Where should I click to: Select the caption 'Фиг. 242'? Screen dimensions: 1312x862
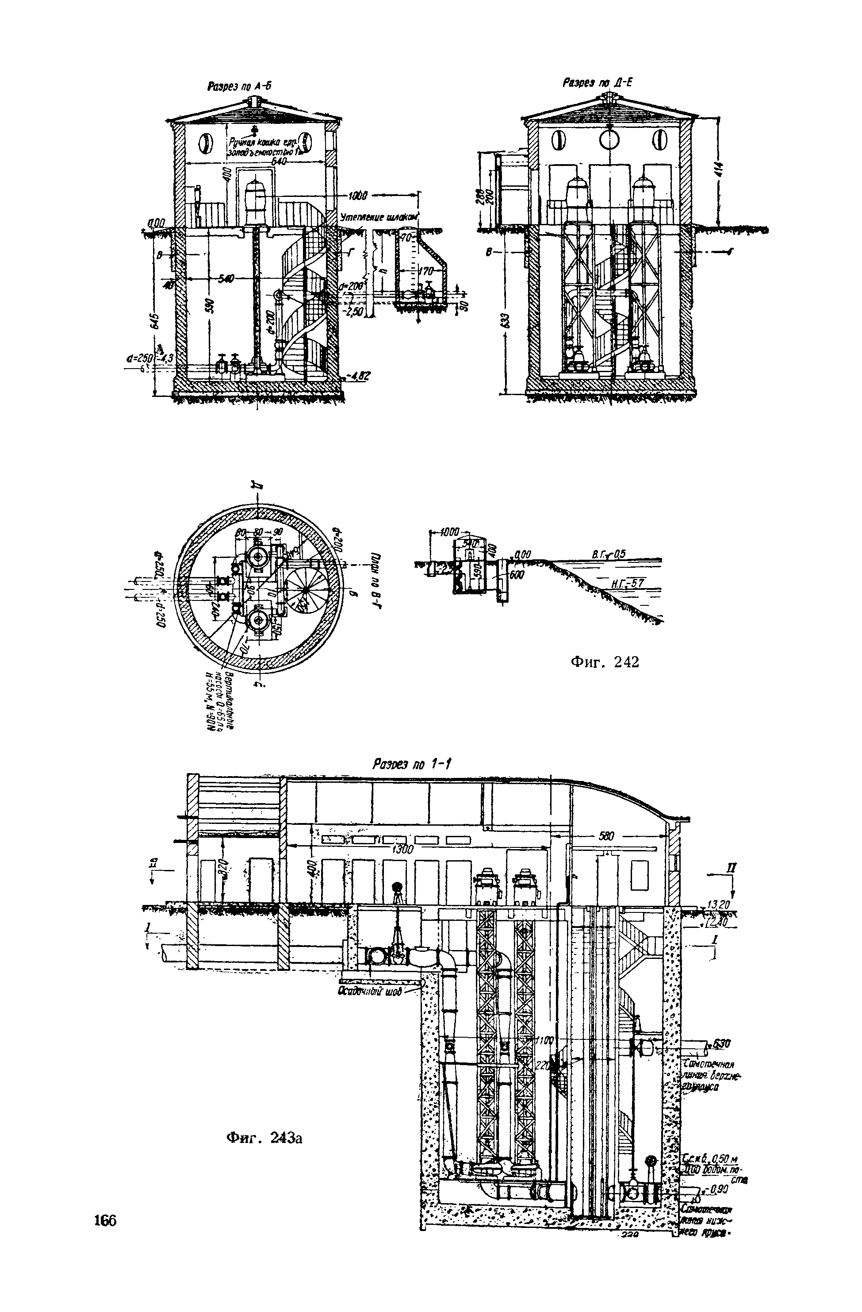[604, 662]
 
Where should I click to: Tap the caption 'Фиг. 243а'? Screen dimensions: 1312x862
[264, 1137]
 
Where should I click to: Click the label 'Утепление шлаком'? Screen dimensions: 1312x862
[380, 217]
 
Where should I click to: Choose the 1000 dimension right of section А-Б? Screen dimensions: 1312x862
[359, 195]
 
